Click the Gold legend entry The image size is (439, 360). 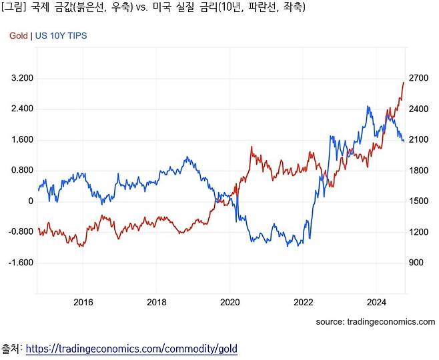point(19,35)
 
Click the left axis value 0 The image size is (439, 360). point(30,201)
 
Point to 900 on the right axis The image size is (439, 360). point(416,263)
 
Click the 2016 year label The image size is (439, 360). point(83,302)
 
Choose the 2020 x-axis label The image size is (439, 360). point(230,302)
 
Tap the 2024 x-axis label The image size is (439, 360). point(376,302)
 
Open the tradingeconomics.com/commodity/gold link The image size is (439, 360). point(131,349)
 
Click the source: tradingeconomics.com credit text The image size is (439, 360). point(376,321)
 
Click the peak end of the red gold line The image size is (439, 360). point(403,82)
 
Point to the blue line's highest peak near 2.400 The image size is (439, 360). point(368,106)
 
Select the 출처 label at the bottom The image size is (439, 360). point(11,349)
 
